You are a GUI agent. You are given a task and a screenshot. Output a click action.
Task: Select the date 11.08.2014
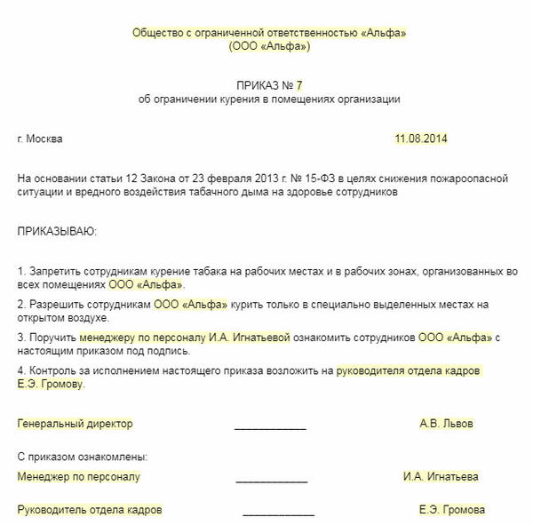pos(422,139)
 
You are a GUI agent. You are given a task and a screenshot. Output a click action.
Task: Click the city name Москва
pos(44,139)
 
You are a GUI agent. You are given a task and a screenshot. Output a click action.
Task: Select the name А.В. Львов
pos(446,424)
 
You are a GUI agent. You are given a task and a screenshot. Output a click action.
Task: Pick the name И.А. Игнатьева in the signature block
pos(441,477)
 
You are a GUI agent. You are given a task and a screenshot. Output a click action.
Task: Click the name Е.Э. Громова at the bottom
pos(451,511)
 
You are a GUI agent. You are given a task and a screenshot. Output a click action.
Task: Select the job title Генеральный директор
pos(75,424)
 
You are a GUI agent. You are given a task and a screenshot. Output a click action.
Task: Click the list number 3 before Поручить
pos(20,338)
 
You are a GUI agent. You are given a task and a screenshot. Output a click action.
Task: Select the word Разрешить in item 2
pos(55,304)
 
